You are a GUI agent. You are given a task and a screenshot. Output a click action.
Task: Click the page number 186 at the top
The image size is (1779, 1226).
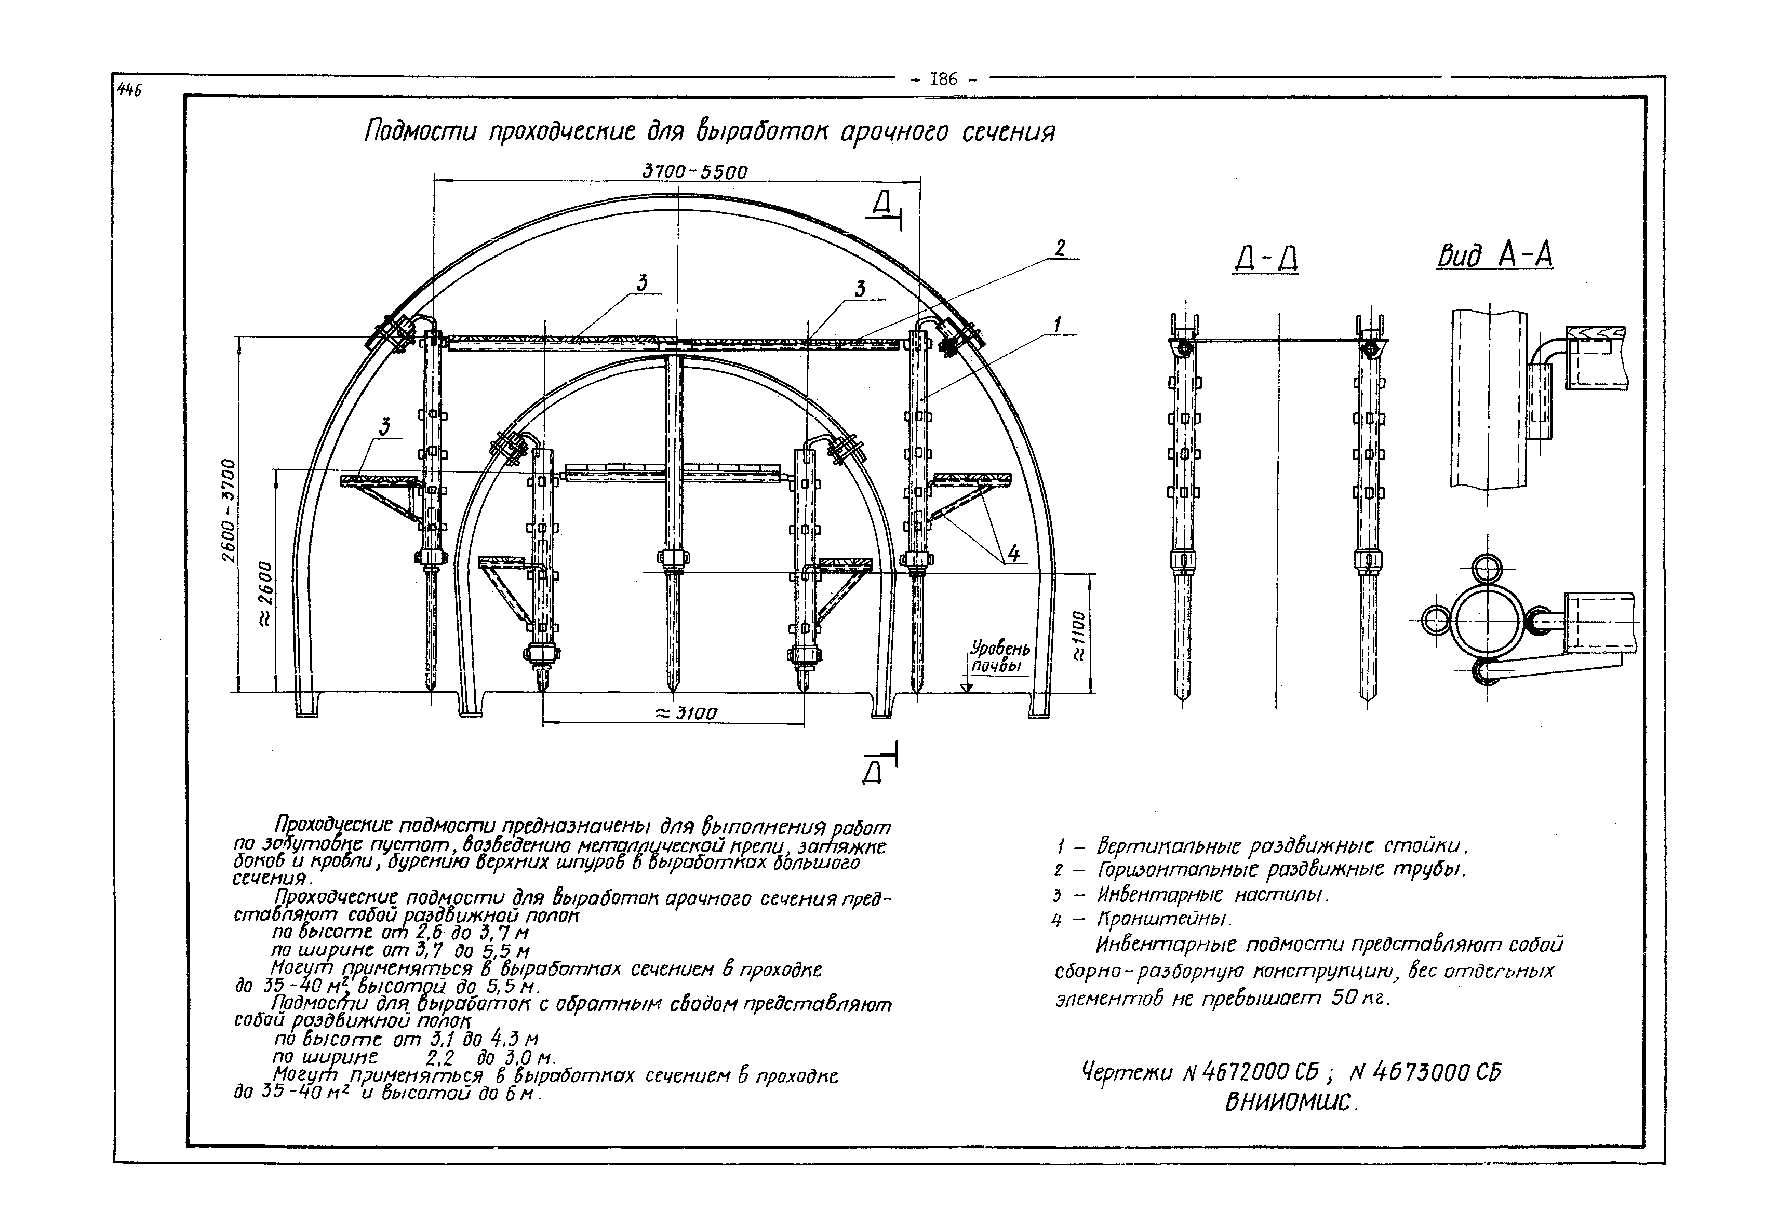[x=942, y=78]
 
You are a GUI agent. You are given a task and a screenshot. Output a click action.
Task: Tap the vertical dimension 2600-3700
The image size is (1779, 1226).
[x=230, y=510]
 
